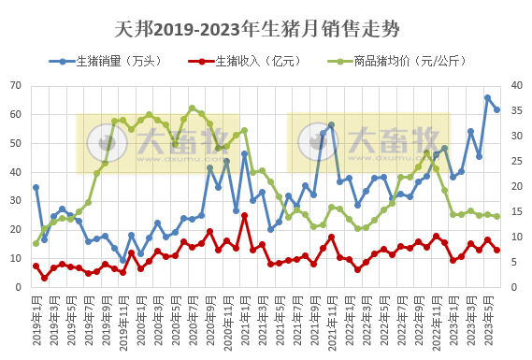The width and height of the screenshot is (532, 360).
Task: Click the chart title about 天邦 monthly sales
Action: (266, 29)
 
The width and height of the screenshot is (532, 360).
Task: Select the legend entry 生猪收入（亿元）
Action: (259, 62)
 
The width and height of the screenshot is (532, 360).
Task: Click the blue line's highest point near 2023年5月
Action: (487, 97)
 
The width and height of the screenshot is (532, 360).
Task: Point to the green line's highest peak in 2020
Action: (192, 108)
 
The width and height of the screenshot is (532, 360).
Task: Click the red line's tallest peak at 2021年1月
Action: (244, 216)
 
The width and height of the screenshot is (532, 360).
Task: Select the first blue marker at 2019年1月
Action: (36, 187)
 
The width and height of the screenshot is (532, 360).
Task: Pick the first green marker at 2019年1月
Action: (36, 243)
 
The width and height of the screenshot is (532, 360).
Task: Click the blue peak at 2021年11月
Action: (331, 124)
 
